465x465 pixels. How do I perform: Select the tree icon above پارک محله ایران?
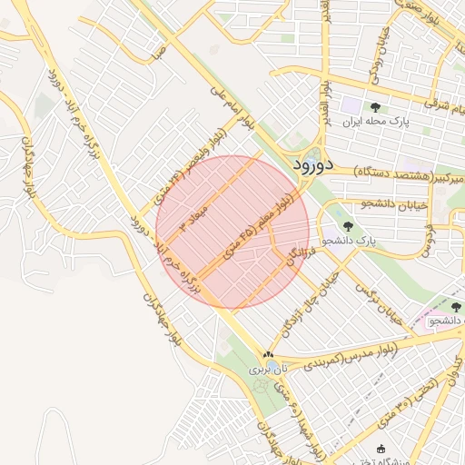375,107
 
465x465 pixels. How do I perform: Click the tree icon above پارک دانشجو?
348,226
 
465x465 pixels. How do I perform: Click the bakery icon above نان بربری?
267,355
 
